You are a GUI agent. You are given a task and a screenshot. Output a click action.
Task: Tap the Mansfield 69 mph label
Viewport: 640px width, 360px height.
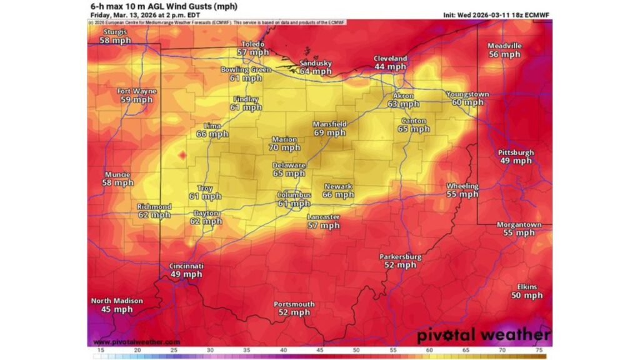click(329, 129)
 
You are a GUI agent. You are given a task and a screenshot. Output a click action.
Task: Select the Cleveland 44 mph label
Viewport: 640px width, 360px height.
click(390, 62)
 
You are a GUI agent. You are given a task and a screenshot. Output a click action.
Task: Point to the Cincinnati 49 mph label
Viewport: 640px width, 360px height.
click(186, 270)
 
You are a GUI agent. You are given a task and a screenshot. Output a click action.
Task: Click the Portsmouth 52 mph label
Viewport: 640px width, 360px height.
click(294, 308)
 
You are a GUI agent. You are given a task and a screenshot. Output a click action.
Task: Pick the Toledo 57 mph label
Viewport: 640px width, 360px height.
click(252, 48)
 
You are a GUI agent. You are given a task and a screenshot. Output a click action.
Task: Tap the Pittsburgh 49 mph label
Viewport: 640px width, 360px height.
click(516, 156)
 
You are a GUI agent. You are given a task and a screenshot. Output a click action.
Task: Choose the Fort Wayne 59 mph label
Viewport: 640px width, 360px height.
click(136, 95)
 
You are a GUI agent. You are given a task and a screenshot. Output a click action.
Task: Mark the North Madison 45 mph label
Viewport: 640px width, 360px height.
click(116, 305)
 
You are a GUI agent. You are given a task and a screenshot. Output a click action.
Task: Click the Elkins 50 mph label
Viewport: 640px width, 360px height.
click(526, 291)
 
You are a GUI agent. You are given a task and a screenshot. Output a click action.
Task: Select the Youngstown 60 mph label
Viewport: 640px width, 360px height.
click(467, 98)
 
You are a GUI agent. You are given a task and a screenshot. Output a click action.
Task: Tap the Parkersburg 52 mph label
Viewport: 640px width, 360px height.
click(400, 261)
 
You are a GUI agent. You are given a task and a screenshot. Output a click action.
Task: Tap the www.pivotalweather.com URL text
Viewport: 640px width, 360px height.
click(136, 342)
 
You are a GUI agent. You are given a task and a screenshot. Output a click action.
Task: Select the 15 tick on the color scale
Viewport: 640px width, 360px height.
click(100, 351)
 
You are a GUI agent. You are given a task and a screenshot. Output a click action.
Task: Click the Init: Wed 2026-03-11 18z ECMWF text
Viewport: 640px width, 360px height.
click(494, 14)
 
